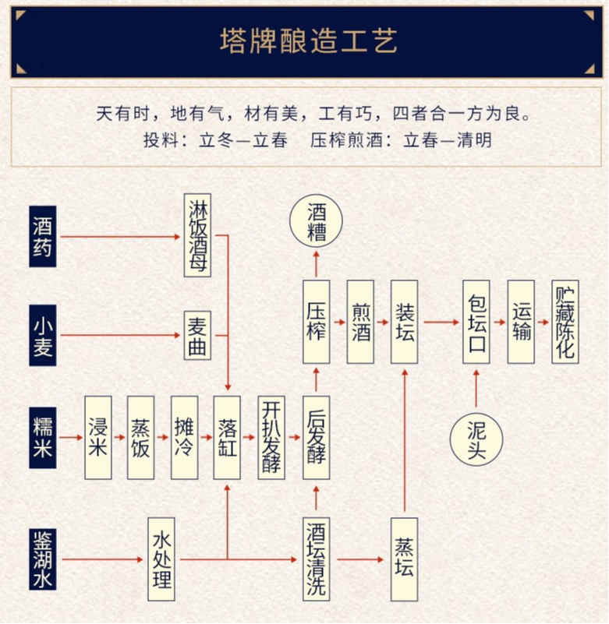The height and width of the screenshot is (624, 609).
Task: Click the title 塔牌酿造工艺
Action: [308, 41]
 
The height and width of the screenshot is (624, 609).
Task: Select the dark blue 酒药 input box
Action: [43, 236]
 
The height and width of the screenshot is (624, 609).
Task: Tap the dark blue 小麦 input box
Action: [43, 336]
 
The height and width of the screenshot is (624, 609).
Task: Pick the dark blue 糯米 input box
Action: [43, 437]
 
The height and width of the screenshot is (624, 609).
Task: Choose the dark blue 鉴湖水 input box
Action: [43, 559]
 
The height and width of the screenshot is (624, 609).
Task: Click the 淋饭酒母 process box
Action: [197, 235]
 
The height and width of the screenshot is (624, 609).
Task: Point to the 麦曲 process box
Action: [197, 336]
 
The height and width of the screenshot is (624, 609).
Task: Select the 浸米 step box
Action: [97, 437]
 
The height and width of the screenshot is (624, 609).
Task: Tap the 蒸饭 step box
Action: [140, 437]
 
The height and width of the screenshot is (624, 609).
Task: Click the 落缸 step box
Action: [227, 437]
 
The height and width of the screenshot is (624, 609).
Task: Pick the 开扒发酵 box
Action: [271, 437]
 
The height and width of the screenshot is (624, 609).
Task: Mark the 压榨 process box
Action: [316, 322]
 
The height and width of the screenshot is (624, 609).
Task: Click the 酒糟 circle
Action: [316, 222]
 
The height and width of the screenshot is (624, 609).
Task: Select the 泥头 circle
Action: [476, 439]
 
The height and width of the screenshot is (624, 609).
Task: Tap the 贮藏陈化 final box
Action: [565, 322]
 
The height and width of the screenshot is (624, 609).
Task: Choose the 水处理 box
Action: [161, 559]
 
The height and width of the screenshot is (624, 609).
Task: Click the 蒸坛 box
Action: [404, 559]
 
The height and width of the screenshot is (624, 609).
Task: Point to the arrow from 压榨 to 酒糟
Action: [316, 263]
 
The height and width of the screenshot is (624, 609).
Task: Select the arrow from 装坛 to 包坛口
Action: [440, 322]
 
